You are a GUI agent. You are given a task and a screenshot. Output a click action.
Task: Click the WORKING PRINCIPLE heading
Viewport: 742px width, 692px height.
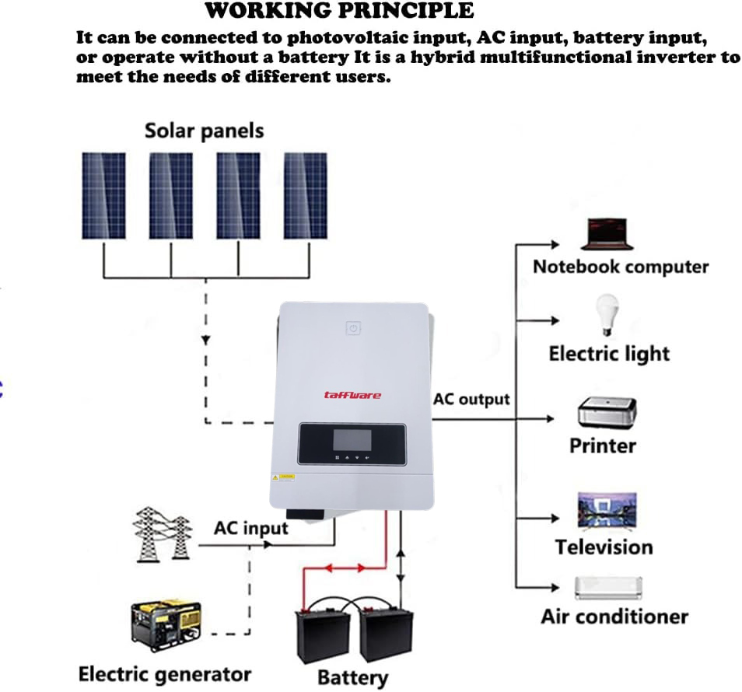[339, 10]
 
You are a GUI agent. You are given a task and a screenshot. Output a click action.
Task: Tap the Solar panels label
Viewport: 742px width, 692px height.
[204, 131]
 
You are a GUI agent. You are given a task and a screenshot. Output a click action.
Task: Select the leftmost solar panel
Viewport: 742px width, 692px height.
[103, 195]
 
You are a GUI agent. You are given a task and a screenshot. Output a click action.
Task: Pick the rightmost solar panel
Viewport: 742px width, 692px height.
[305, 195]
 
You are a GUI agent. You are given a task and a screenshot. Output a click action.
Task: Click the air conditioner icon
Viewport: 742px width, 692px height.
[608, 588]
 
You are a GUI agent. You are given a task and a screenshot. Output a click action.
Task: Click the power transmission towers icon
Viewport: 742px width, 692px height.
[162, 535]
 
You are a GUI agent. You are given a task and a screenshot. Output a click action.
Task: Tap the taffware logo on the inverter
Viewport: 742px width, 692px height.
[352, 395]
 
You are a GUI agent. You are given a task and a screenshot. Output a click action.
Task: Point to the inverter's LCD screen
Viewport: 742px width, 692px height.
[351, 439]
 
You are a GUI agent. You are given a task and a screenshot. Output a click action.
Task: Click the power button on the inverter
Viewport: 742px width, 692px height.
[353, 329]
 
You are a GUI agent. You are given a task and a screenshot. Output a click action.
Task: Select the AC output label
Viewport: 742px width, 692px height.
[471, 400]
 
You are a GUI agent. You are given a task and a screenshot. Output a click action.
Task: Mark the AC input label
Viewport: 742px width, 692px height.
[250, 529]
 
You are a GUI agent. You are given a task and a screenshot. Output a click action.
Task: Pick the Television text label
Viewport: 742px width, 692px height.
[604, 547]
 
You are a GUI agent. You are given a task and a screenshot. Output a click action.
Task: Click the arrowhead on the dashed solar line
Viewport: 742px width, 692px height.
[205, 341]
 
